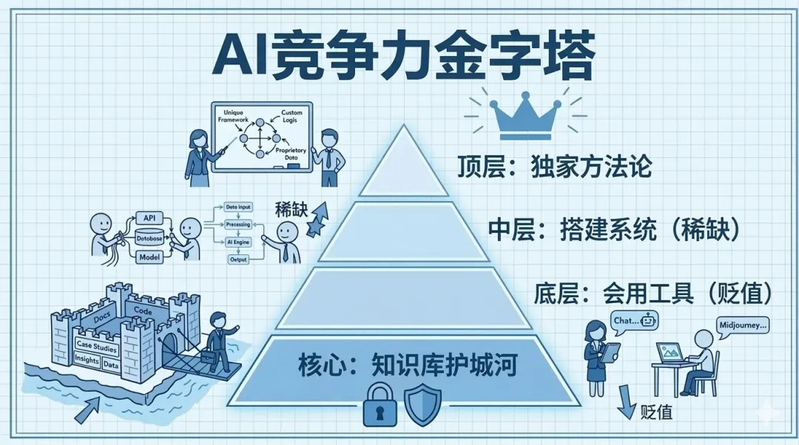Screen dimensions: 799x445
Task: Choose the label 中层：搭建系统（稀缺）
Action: (x=613, y=230)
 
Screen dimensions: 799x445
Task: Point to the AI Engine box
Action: (x=238, y=242)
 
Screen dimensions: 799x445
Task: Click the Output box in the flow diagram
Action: (x=239, y=259)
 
